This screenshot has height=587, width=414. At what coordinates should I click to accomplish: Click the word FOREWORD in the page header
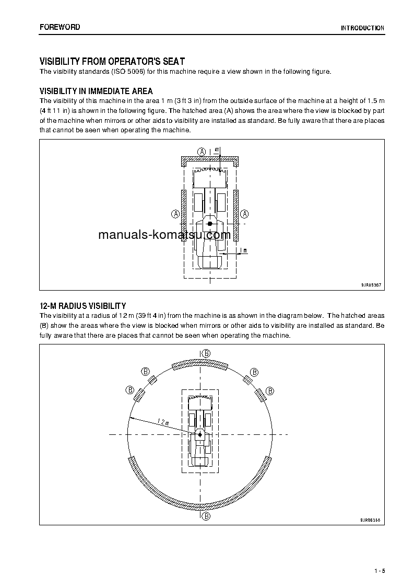tap(60, 27)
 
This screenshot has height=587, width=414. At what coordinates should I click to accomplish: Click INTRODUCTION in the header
tap(363, 28)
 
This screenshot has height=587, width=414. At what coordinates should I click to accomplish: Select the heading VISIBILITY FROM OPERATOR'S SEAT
tap(112, 62)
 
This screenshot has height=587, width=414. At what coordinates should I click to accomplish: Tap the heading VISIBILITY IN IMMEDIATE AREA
tap(97, 91)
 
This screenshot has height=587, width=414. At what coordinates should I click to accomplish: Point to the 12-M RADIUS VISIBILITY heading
tap(83, 306)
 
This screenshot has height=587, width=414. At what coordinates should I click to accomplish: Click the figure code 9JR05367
tap(371, 285)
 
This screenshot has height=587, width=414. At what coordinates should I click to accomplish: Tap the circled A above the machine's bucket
tap(202, 151)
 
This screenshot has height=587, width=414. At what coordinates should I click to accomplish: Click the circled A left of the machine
tap(175, 214)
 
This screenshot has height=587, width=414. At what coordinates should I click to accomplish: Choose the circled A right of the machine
tap(245, 214)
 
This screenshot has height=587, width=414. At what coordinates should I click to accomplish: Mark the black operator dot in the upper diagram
tap(210, 224)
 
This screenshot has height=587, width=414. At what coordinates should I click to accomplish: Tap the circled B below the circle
tap(206, 516)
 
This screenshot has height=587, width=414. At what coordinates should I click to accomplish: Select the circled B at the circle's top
tap(206, 354)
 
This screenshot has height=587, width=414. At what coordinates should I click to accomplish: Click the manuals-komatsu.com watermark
tap(164, 235)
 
